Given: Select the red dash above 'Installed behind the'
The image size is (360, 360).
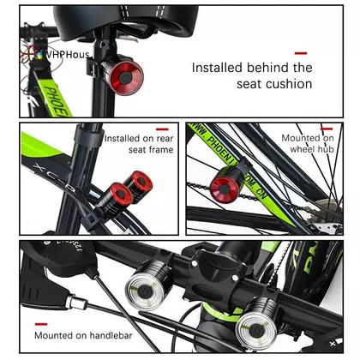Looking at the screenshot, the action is pos(301,53).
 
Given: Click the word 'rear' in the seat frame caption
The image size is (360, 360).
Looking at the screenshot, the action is pos(165,139).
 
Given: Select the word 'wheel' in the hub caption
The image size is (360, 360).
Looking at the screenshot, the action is pos(302,149).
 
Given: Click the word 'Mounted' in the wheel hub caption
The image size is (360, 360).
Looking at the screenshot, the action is pos(298,138).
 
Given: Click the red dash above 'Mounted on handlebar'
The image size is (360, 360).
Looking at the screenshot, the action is pos(41,324).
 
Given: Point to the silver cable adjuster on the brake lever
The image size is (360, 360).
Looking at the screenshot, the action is pos(75,302).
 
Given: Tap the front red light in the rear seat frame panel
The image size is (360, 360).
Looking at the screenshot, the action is pos(121,195).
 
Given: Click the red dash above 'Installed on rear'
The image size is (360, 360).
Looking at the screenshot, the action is pos(162,129).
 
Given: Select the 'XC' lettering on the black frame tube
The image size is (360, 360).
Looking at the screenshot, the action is pos(43,170).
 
